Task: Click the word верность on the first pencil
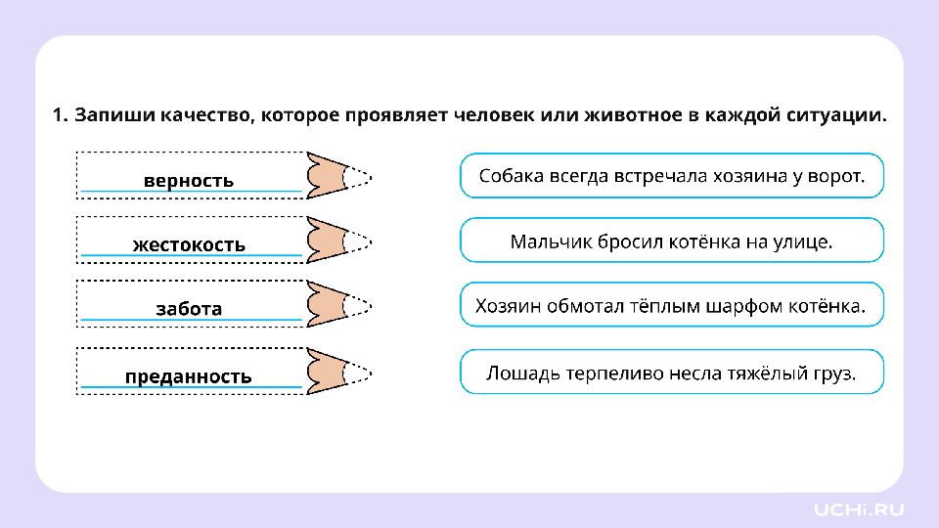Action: coord(189,180)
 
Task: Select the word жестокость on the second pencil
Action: coord(189,243)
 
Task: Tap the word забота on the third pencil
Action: coord(189,308)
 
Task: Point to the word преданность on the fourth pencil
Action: coord(189,376)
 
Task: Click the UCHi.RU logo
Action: coord(859,508)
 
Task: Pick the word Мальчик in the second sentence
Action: coord(545,241)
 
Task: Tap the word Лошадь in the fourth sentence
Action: coord(518,373)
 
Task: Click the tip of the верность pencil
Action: coord(362,176)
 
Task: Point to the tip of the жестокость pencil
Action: coord(362,241)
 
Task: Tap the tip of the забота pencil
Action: coord(362,305)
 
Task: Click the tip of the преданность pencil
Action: coord(362,372)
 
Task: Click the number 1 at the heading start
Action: coord(58,115)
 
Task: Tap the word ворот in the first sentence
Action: coord(836,176)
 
